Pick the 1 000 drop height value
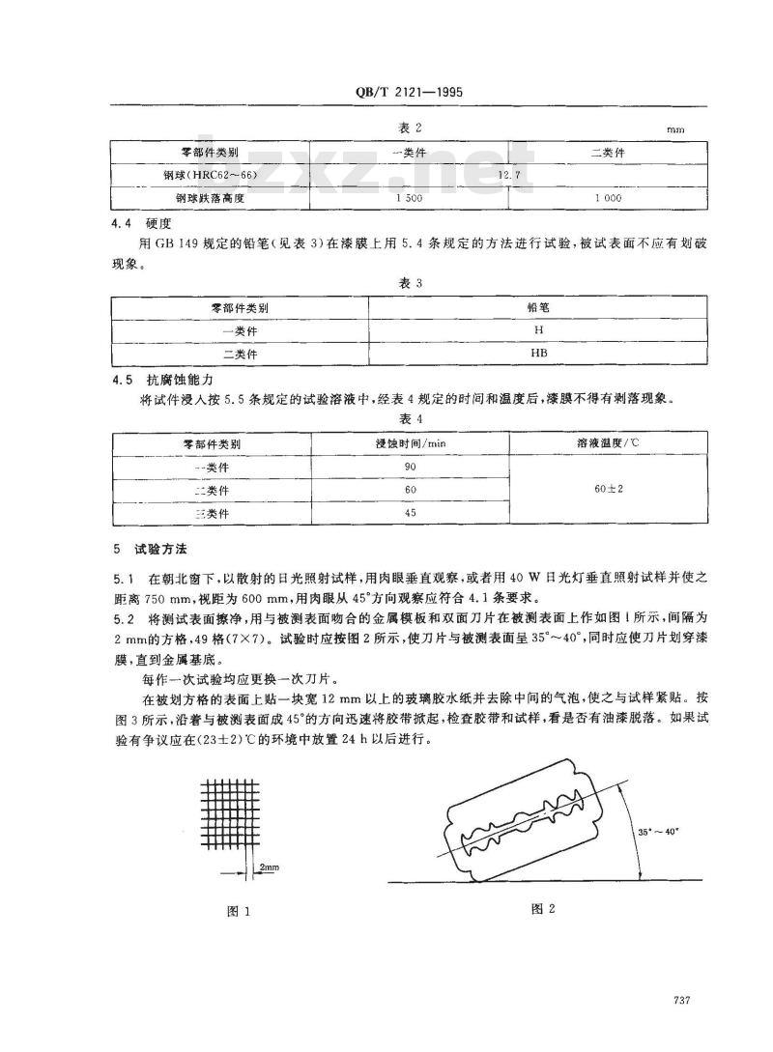(606, 197)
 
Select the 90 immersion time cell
(410, 466)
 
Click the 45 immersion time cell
(410, 513)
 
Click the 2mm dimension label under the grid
(268, 869)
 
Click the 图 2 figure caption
(545, 909)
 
